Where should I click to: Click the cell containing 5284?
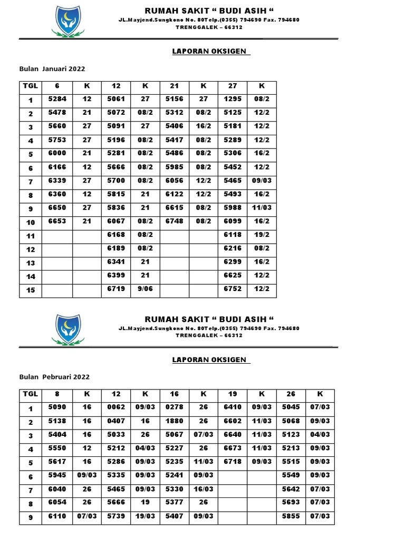pos(57,99)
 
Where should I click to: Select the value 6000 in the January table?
pos(57,153)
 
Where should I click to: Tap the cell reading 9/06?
pos(146,290)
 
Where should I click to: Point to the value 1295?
pos(233,99)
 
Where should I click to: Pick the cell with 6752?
pos(233,290)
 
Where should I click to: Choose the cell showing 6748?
pos(175,221)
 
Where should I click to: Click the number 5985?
pos(175,167)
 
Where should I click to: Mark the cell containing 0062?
pos(117,407)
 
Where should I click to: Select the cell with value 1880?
pos(175,421)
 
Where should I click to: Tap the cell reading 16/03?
pos(204,488)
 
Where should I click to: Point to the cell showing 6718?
pos(233,461)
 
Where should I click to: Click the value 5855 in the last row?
pos(291,516)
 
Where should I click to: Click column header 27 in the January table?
pos(233,86)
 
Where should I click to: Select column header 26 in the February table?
pos(291,394)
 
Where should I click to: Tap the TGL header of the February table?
pos(31,394)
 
